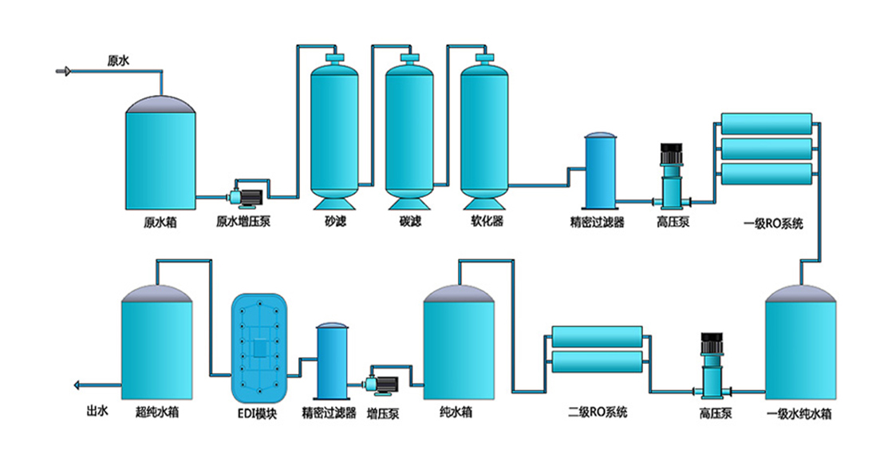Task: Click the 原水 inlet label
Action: [118, 59]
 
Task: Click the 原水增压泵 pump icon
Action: [243, 194]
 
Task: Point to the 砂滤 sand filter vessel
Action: [334, 131]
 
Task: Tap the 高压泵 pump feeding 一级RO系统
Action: [669, 180]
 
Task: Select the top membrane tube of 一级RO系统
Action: [765, 123]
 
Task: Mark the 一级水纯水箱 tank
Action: [800, 347]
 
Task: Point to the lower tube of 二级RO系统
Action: [596, 362]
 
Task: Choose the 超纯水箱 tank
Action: [156, 347]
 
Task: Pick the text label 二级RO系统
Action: [598, 413]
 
